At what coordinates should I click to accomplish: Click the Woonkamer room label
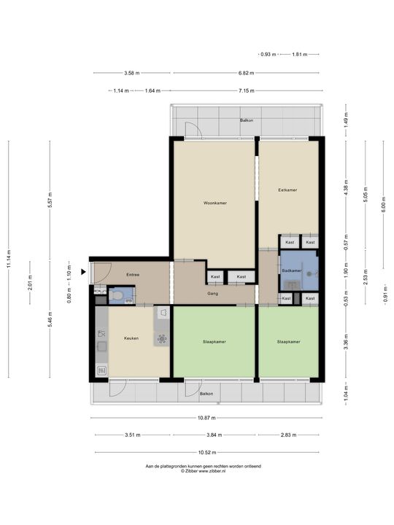pyautogui.click(x=215, y=203)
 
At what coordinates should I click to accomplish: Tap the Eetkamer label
pyautogui.click(x=287, y=190)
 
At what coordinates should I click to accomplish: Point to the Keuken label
pyautogui.click(x=131, y=338)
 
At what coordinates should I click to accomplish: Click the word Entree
pyautogui.click(x=133, y=275)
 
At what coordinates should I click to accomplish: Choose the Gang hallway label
pyautogui.click(x=213, y=294)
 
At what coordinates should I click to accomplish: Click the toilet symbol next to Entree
pyautogui.click(x=119, y=295)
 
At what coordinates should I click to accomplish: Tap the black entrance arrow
pyautogui.click(x=85, y=272)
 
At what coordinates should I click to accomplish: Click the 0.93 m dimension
pyautogui.click(x=269, y=55)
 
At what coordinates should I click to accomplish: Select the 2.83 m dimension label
pyautogui.click(x=290, y=435)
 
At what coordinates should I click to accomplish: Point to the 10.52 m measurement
pyautogui.click(x=206, y=453)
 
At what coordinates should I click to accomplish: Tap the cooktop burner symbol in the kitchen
pyautogui.click(x=162, y=338)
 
